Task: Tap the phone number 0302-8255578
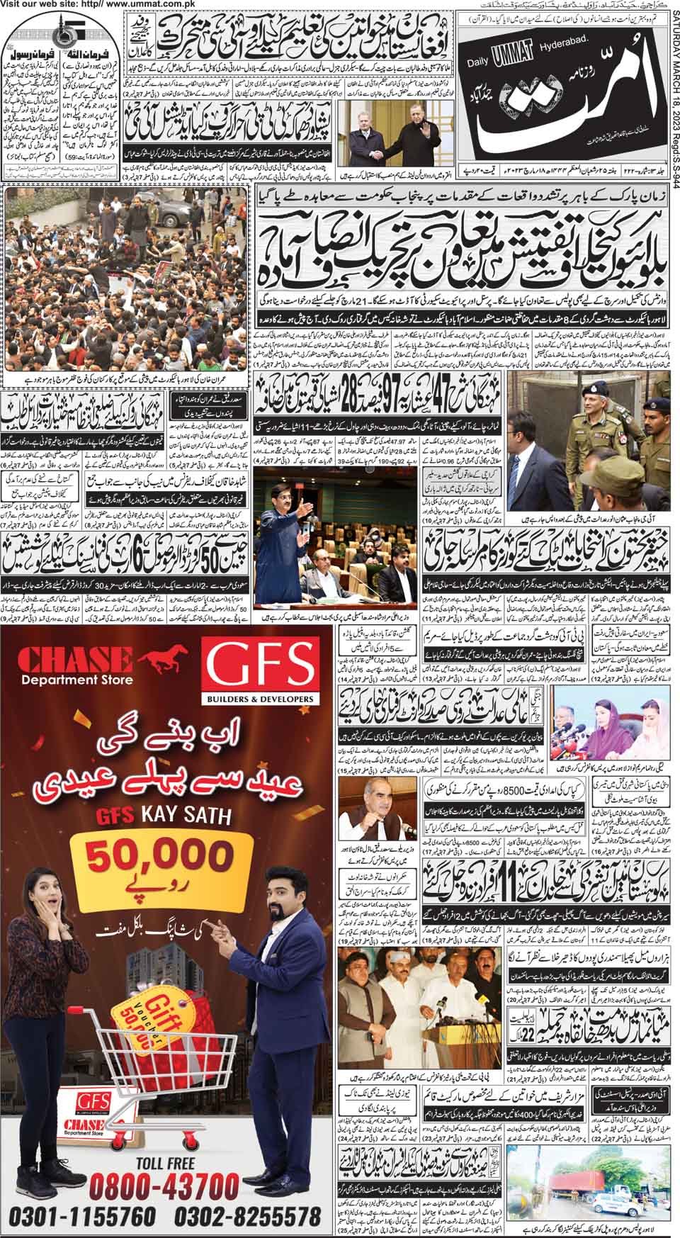pyautogui.click(x=253, y=1217)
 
